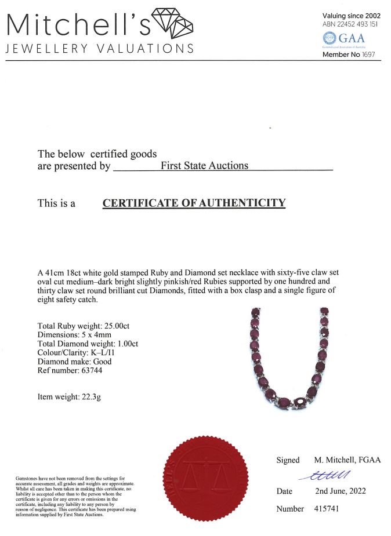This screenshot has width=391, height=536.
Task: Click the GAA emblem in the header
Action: pyautogui.click(x=345, y=39)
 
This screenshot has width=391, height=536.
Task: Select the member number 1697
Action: pyautogui.click(x=370, y=54)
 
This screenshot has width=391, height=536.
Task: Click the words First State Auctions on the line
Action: pyautogui.click(x=204, y=166)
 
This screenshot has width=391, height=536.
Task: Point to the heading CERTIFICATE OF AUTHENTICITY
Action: pyautogui.click(x=194, y=203)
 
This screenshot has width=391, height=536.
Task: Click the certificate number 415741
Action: pyautogui.click(x=327, y=509)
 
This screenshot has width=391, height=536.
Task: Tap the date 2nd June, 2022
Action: pyautogui.click(x=340, y=491)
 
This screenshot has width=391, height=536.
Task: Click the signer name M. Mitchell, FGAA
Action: pyautogui.click(x=347, y=460)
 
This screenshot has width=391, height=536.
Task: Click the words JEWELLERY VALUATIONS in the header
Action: pyautogui.click(x=99, y=49)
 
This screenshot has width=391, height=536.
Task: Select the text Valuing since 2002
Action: pyautogui.click(x=352, y=15)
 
